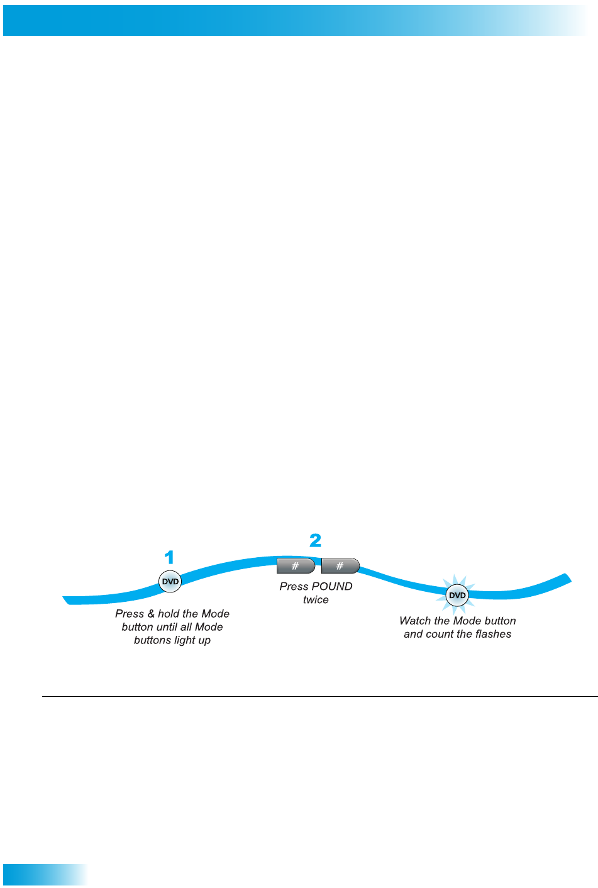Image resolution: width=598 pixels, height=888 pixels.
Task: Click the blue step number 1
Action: coord(169,558)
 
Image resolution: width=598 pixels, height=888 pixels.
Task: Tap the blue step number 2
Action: coord(315,540)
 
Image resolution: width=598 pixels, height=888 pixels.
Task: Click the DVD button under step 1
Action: coord(170,582)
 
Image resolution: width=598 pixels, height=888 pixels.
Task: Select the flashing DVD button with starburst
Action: coord(457,595)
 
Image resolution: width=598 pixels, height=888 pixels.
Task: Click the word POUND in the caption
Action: coord(331,586)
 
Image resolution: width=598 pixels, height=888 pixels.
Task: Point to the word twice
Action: coord(316,600)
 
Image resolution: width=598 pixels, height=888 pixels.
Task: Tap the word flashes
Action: coord(493,634)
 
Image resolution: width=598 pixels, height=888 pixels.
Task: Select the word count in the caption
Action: coord(439,634)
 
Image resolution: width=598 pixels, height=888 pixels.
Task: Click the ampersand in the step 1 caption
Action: coord(151,614)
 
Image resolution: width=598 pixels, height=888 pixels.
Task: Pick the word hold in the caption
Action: coord(169,614)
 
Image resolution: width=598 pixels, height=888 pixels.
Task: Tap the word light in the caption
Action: coord(184,640)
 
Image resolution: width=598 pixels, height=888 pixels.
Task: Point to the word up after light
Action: coord(204,641)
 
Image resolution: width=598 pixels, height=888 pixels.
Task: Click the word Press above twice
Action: coord(293,586)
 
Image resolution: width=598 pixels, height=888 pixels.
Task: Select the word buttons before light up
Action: coord(153,640)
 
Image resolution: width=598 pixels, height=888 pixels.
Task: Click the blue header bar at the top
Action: coord(296,21)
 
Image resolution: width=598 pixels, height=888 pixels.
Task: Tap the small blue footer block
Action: coord(44,875)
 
